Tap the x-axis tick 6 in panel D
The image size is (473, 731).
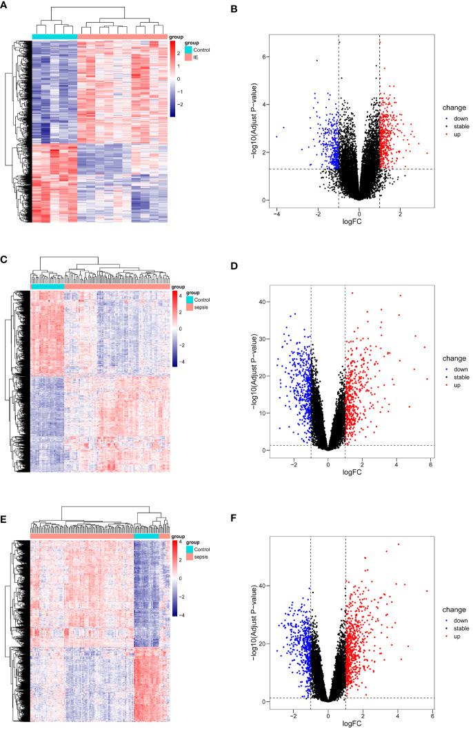(x=430, y=466)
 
